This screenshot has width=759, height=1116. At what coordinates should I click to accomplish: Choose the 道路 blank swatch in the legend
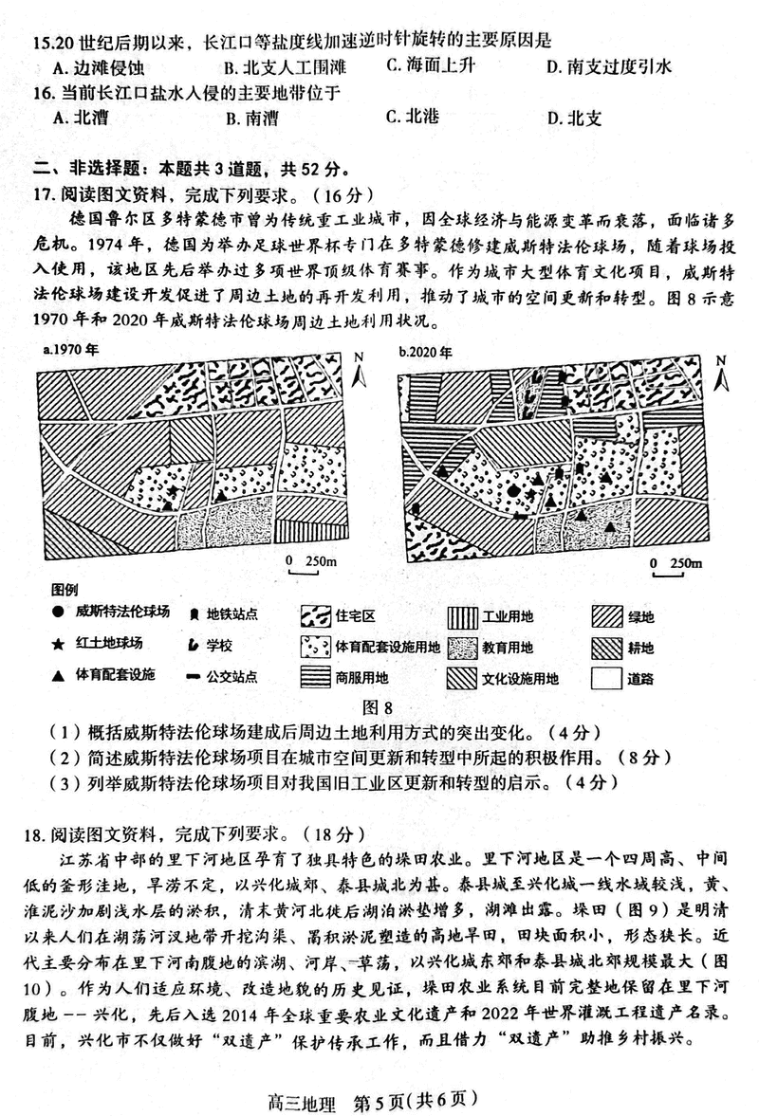(610, 679)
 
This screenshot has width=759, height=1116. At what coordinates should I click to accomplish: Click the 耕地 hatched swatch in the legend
(610, 648)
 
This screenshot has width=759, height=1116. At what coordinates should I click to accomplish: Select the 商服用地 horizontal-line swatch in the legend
(317, 679)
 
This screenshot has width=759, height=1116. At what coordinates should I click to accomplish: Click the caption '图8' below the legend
(378, 706)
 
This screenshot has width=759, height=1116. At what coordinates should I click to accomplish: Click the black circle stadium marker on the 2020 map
(513, 491)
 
